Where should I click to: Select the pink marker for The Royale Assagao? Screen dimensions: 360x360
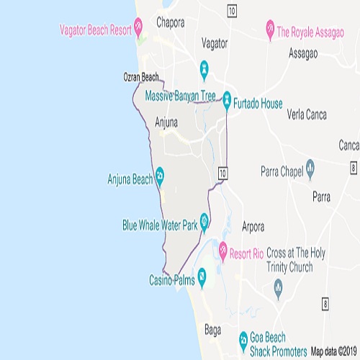[269, 31]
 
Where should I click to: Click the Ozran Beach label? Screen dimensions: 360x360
[140, 77]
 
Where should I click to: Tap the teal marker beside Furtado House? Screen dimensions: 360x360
[227, 97]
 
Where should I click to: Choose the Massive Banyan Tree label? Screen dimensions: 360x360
[181, 95]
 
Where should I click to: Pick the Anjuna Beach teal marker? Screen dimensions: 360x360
[160, 174]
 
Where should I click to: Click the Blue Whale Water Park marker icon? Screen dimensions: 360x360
[205, 220]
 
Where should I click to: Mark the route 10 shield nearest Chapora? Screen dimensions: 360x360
[230, 11]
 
